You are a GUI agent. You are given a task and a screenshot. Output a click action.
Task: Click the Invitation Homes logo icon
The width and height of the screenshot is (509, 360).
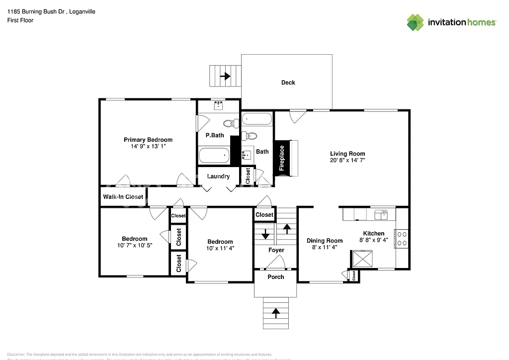415,22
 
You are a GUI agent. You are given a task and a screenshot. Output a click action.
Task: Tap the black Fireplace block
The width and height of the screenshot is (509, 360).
281,157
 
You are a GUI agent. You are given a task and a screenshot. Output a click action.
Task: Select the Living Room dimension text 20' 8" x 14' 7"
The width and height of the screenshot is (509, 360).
347,161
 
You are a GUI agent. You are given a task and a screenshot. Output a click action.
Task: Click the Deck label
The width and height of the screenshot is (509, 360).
288,83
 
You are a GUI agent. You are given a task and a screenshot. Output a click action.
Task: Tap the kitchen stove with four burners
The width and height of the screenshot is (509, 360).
402,238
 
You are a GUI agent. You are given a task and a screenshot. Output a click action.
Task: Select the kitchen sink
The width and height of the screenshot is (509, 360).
382,214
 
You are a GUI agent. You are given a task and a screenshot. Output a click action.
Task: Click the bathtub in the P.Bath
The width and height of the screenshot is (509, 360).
214,156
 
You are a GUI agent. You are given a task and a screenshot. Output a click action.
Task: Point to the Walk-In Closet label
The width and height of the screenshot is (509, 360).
123,197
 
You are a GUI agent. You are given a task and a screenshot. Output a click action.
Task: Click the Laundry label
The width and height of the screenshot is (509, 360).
218,177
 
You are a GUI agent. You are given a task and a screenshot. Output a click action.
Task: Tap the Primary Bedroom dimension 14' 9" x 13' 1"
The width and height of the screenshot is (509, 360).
148,147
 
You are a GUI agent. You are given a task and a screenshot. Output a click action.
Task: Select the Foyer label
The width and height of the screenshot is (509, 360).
276,250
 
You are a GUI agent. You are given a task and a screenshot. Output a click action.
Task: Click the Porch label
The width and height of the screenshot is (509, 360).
276,276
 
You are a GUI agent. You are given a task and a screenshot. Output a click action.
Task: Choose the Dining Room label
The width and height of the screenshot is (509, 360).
324,241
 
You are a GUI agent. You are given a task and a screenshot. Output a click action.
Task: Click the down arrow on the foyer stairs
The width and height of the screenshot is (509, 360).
265,233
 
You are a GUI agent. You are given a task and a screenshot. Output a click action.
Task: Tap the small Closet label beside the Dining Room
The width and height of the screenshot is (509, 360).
353,275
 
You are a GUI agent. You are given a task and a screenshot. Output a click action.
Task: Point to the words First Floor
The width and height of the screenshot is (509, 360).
20,20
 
